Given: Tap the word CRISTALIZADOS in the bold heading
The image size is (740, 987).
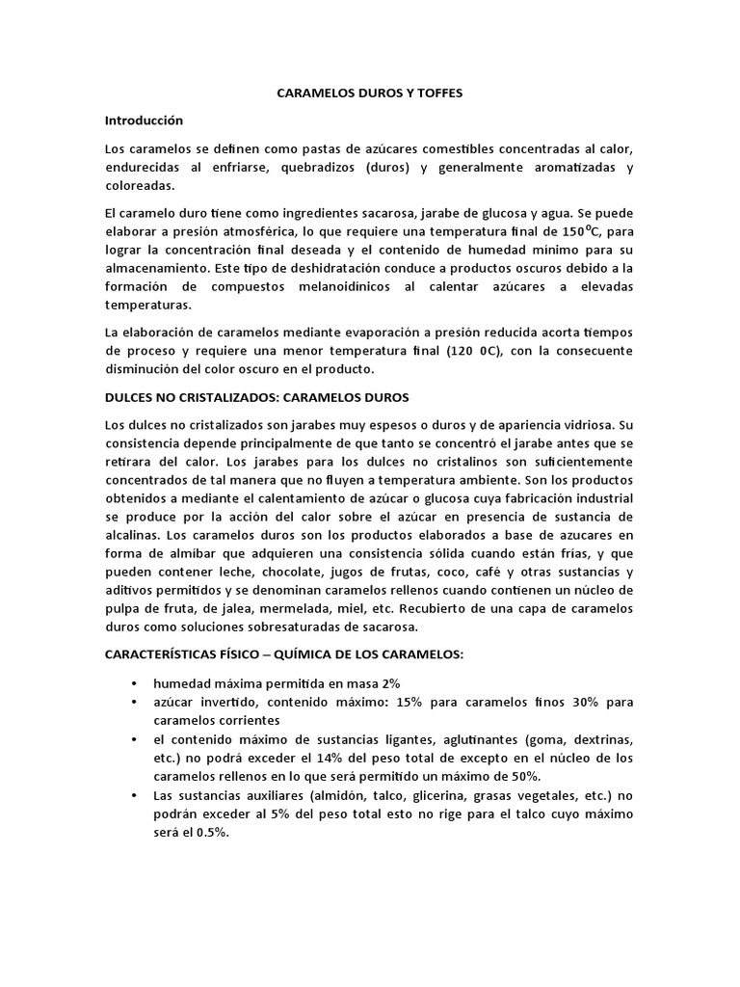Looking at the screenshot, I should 246,396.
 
